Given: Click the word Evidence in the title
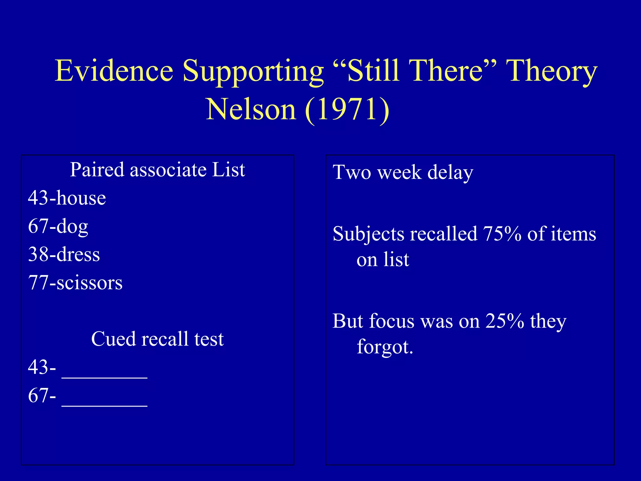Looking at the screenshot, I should tap(114, 71).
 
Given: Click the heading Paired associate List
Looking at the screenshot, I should tap(157, 170).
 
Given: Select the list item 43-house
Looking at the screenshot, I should tap(67, 198).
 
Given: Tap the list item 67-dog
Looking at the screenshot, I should tap(58, 226).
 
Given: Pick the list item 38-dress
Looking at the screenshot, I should tap(64, 254).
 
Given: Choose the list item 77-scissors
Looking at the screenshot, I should tap(75, 283).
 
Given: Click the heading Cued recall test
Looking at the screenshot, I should tap(157, 339).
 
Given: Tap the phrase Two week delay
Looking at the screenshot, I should tap(403, 173).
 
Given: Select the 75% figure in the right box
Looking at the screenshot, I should tap(502, 234).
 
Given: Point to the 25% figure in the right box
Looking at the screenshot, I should tap(505, 321).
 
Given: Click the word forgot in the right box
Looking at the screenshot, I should tap(385, 347).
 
